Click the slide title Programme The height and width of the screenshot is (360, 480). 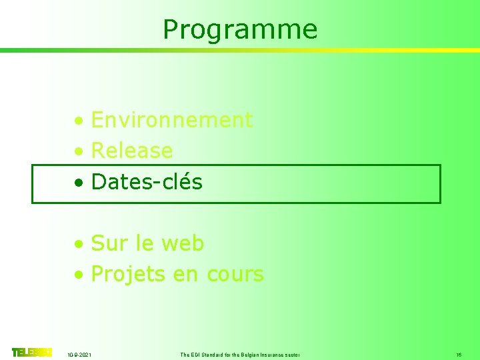(240, 29)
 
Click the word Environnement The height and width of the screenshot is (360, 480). (171, 120)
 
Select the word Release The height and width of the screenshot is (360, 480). (132, 151)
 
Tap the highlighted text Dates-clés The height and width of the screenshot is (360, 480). (147, 181)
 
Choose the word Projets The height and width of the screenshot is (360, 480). (127, 274)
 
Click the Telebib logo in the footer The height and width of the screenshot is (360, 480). (31, 352)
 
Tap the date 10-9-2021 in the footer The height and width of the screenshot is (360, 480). (80, 355)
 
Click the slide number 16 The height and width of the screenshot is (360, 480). (459, 355)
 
